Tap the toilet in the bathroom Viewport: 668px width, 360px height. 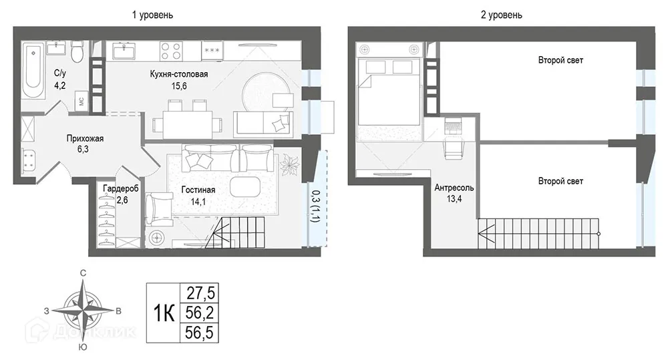(x=77, y=51)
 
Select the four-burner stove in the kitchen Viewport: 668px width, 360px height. (x=171, y=51)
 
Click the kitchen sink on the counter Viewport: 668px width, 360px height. (x=124, y=51)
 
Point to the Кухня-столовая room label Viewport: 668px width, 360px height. (x=179, y=74)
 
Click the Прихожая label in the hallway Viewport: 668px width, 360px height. (x=85, y=138)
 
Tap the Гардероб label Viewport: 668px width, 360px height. (x=120, y=189)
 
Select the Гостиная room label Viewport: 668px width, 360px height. (x=198, y=190)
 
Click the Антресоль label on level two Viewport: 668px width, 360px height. (x=454, y=188)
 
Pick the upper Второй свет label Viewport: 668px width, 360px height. (x=560, y=60)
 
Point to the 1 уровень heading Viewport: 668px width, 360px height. (x=152, y=15)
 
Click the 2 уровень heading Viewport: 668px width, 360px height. (x=502, y=15)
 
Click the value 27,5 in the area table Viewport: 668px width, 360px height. (x=200, y=293)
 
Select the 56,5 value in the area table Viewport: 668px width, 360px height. (x=199, y=333)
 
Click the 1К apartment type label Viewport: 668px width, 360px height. (x=164, y=313)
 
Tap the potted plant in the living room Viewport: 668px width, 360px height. (x=290, y=164)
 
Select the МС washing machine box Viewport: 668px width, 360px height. (x=81, y=102)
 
